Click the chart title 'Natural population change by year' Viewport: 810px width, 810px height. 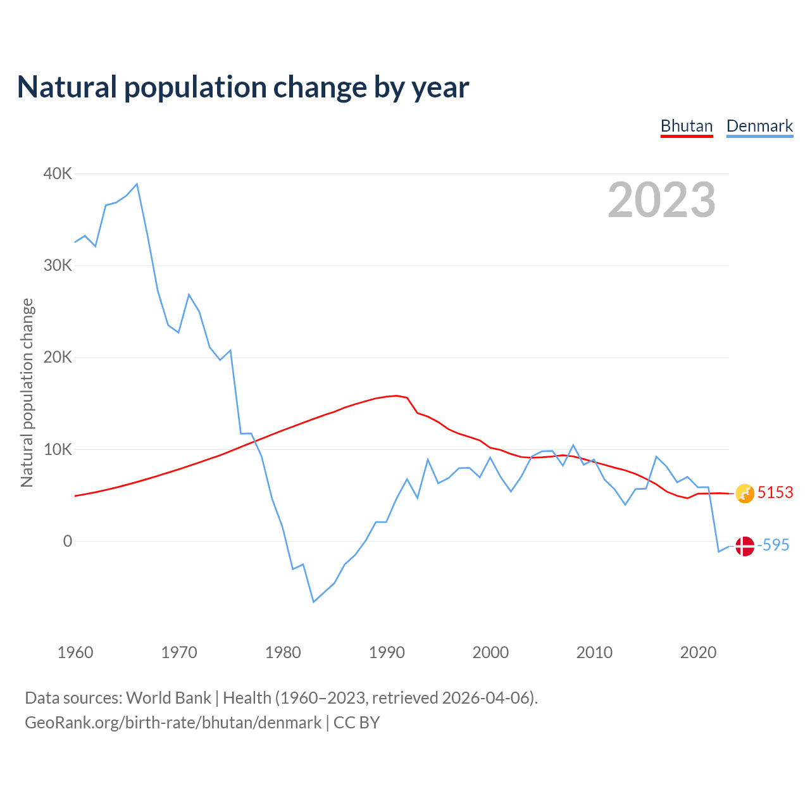click(243, 87)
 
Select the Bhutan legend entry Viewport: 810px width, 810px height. click(687, 126)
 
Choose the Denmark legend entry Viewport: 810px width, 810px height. click(759, 126)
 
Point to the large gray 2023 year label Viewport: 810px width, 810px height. click(661, 200)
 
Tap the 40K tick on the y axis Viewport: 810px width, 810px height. click(58, 173)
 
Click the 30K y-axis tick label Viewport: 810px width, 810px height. click(58, 265)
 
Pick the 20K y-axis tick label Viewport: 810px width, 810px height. click(58, 357)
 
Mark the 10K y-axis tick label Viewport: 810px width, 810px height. click(58, 449)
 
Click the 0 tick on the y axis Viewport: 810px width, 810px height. click(68, 541)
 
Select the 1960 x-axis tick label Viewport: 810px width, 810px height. click(75, 652)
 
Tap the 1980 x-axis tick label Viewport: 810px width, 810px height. click(283, 652)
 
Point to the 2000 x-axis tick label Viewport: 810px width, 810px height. click(490, 652)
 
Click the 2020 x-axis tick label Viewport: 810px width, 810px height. click(698, 652)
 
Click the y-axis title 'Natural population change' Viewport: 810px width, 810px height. click(27, 393)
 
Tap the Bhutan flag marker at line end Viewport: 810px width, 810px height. click(745, 494)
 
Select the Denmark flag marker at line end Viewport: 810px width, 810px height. click(745, 546)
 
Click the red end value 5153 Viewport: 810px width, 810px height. click(775, 492)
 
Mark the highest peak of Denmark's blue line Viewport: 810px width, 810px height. click(137, 184)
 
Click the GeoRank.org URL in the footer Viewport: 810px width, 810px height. click(173, 723)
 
